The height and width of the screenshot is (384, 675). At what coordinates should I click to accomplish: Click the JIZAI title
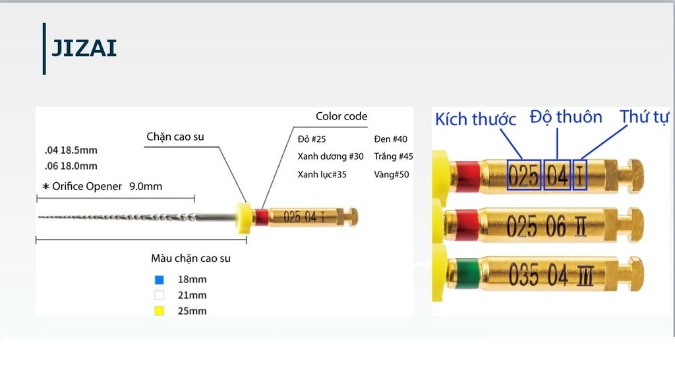(84, 48)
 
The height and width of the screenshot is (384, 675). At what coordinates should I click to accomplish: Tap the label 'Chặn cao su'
(175, 137)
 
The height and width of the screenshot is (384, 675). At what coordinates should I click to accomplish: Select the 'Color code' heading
(341, 116)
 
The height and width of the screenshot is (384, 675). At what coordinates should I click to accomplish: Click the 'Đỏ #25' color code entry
(312, 139)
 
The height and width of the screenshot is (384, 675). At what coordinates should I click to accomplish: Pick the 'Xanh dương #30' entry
(331, 156)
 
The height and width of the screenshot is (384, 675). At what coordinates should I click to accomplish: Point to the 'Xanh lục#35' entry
(322, 174)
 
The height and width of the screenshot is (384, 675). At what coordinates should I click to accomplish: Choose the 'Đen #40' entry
(390, 139)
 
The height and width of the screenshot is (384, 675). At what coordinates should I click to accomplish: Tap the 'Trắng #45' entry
(394, 156)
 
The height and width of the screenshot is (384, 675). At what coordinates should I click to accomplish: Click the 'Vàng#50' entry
(392, 174)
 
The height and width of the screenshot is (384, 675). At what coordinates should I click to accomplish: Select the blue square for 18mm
(160, 280)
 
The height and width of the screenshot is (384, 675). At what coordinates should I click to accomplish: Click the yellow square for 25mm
(160, 311)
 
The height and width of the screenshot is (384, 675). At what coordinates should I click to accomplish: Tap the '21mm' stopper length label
(192, 295)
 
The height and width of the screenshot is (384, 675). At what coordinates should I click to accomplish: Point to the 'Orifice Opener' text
(87, 186)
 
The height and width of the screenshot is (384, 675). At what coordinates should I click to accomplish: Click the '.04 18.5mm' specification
(71, 150)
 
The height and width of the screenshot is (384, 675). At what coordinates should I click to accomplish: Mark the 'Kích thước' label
(475, 119)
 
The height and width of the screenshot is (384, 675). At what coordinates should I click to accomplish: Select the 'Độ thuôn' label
(566, 117)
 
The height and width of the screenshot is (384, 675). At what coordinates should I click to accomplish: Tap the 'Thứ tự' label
(645, 116)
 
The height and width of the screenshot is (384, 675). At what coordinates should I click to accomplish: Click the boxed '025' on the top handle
(524, 175)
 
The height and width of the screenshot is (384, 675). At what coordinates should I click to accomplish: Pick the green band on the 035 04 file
(467, 272)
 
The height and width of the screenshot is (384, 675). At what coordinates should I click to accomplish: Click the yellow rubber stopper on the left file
(244, 218)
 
